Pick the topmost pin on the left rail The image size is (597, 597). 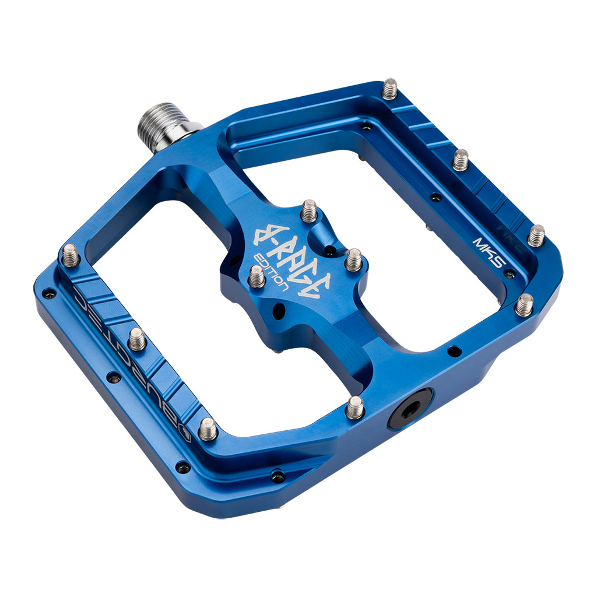tap(71, 255)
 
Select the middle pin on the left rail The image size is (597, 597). tap(137, 339)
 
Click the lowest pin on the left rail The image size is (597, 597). tap(208, 429)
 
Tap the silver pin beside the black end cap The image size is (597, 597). tap(354, 407)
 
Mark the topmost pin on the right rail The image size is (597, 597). tap(389, 89)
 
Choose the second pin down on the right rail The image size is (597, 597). tap(461, 159)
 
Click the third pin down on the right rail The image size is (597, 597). tap(536, 235)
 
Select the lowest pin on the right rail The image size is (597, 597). tap(524, 304)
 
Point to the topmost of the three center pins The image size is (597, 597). tap(309, 210)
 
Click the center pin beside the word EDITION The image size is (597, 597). tap(257, 276)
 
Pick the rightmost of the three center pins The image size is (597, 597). tap(353, 259)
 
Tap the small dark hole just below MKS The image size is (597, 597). tap(509, 273)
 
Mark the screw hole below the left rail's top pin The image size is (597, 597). tap(49, 293)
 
